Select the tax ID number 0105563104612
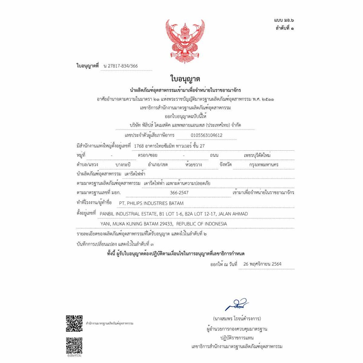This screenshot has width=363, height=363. (x=207, y=135)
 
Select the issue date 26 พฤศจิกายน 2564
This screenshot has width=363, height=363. (x=263, y=264)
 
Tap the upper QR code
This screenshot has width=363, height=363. (x=74, y=323)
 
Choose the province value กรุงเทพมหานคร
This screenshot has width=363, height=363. (x=264, y=165)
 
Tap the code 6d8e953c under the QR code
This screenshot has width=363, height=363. (x=74, y=355)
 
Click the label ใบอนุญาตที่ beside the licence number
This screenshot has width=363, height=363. (x=88, y=66)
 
